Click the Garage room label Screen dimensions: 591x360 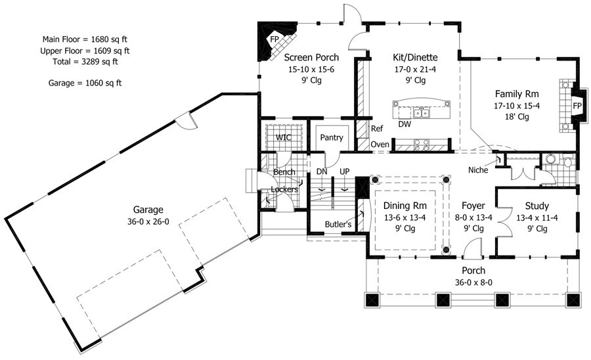(148, 210)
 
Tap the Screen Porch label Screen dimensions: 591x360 (311, 57)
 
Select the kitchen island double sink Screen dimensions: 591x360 (422, 112)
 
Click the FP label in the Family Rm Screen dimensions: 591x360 (577, 106)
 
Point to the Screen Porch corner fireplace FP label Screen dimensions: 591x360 (274, 39)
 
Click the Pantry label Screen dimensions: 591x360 (332, 137)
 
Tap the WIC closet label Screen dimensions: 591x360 (283, 137)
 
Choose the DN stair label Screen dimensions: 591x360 (322, 171)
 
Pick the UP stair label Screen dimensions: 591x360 (345, 171)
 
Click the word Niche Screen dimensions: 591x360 (478, 170)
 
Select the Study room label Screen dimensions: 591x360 (536, 206)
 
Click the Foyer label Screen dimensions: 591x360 (473, 206)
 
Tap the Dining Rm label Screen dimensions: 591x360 (405, 206)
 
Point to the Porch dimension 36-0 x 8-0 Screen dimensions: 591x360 (473, 282)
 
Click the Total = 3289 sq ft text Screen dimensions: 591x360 (85, 62)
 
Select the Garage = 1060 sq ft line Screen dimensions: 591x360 (85, 83)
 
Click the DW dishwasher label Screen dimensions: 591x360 (405, 124)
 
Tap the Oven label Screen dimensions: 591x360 (380, 145)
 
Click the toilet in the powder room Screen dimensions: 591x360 (567, 161)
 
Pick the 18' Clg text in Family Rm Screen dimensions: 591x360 (517, 117)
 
